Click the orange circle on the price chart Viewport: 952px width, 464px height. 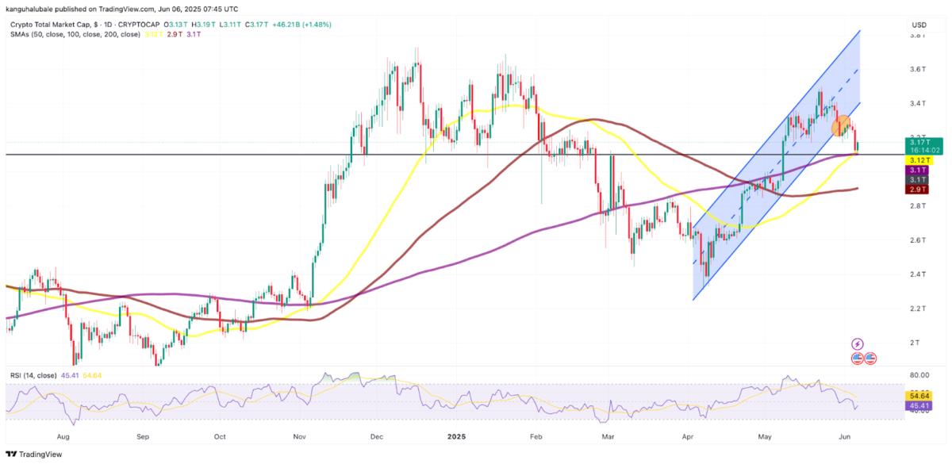click(842, 125)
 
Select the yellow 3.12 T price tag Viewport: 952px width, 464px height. click(920, 159)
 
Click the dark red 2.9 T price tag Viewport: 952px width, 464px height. click(920, 190)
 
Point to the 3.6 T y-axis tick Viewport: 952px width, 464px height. click(919, 69)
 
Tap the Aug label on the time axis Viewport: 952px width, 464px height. click(64, 435)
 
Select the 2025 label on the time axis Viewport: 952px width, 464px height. click(456, 435)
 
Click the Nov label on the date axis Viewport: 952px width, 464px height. click(300, 435)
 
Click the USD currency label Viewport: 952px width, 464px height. click(919, 25)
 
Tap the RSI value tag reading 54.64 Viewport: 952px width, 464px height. click(920, 393)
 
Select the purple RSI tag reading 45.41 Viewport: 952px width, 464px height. click(920, 405)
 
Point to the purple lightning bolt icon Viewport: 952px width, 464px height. click(857, 343)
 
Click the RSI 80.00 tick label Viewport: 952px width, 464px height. click(919, 375)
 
